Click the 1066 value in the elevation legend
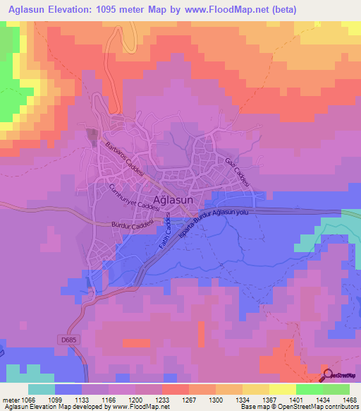(x=28, y=400)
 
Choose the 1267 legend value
(x=188, y=400)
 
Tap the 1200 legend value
(x=135, y=400)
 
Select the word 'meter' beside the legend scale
(x=11, y=400)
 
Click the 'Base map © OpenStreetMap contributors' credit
(x=300, y=407)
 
